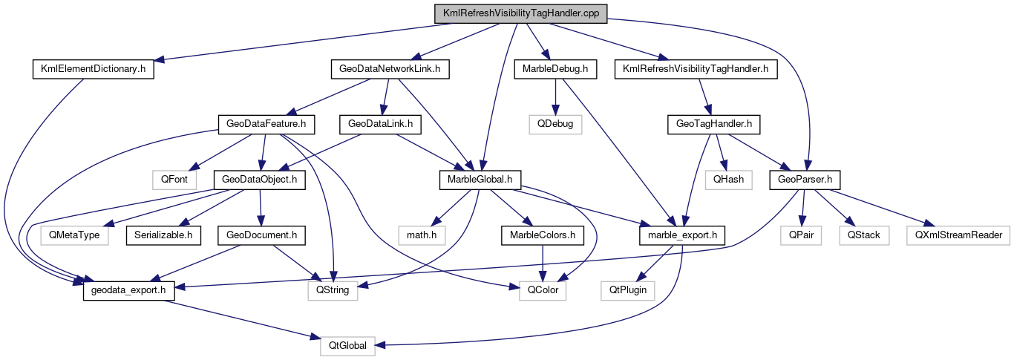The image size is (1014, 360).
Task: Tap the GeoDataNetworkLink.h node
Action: click(390, 69)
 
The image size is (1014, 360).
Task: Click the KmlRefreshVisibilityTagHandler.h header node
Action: click(696, 69)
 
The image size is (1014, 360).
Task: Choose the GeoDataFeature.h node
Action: click(266, 124)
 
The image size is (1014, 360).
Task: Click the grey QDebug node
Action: click(555, 124)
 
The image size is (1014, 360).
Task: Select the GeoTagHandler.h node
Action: click(713, 124)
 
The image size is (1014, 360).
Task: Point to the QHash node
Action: click(728, 179)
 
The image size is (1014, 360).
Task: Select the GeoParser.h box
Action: click(804, 179)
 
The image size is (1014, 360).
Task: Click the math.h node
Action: click(419, 235)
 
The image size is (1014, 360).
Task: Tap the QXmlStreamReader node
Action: click(958, 235)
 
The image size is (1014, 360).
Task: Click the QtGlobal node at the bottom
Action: click(348, 345)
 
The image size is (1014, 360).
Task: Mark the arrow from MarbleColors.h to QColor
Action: click(546, 263)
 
